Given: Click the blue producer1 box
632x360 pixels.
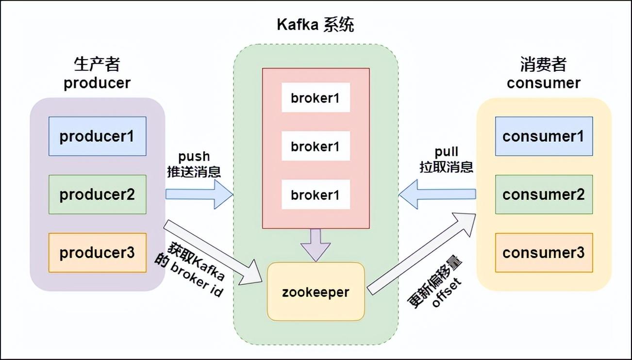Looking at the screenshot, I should coord(97,136).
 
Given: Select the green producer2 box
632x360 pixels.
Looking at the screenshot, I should coord(97,195).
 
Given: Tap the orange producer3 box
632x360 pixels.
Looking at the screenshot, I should coord(97,253).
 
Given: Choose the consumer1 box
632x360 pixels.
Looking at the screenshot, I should coord(544,136).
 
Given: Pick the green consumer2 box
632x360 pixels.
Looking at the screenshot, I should coord(544,195).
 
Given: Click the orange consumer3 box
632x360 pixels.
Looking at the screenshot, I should coord(544,253).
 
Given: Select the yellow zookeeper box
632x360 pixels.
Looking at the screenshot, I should coord(316,292).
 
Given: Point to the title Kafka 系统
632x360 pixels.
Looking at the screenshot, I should coord(316,25).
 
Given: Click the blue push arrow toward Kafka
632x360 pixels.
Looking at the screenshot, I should coord(199,194).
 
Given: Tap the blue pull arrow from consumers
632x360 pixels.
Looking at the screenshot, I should coord(437,194).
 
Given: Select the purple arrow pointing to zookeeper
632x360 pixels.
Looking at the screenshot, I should coord(316,244).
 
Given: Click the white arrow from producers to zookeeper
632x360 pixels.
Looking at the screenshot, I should coord(214,252).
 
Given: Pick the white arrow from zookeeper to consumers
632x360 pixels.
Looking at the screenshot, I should coord(422,252).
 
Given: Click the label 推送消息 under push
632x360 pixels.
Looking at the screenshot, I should coord(194,171).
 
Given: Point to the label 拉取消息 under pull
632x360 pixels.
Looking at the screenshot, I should coord(446,167).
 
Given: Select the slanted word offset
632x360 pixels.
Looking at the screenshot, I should coord(448,293).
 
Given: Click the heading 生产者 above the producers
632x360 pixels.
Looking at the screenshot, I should coord(97,65).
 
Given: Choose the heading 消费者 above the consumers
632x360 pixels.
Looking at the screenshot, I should coord(543,65).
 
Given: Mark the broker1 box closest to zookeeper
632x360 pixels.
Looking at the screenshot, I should coord(316,195).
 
